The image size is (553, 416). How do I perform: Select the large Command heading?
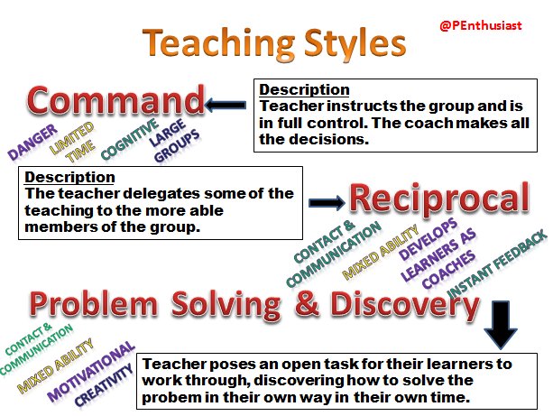(x=115, y=100)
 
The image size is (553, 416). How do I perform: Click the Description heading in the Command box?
(x=304, y=89)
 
